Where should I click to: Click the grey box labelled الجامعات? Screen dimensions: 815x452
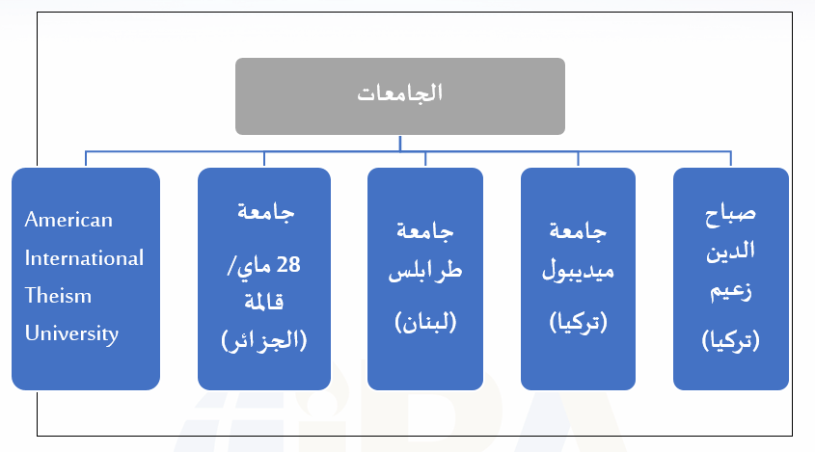click(399, 96)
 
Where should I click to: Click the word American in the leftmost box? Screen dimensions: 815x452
click(68, 220)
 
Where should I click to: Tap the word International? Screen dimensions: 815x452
click(84, 258)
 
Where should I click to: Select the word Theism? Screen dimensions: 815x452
click(58, 296)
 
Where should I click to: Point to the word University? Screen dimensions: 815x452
click(71, 333)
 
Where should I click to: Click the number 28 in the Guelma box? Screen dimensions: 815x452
click(288, 265)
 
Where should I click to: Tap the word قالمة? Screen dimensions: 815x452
click(264, 302)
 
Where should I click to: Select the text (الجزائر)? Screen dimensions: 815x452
click(264, 341)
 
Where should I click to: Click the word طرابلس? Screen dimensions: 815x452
click(425, 271)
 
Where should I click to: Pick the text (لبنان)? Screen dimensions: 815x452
click(425, 322)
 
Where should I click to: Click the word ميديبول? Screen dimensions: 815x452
click(578, 271)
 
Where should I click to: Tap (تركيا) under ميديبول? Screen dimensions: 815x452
click(578, 322)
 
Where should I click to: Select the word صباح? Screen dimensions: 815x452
click(730, 214)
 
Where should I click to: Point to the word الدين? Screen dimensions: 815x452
click(730, 252)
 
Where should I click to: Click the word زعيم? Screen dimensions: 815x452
click(731, 291)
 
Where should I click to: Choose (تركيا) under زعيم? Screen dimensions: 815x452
click(731, 341)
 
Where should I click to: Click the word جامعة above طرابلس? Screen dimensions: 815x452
click(425, 231)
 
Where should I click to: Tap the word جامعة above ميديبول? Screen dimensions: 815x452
click(578, 231)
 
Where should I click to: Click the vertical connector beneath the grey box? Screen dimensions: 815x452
click(399, 144)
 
